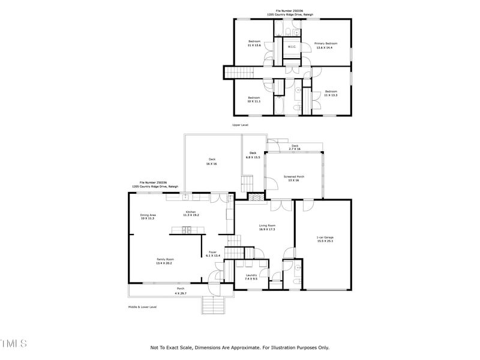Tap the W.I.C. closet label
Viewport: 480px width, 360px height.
pyautogui.click(x=292, y=47)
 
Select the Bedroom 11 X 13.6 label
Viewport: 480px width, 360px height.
pyautogui.click(x=254, y=43)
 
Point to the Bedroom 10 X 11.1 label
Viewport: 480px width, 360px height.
pyautogui.click(x=254, y=100)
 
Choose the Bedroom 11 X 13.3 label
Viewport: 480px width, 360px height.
pyautogui.click(x=331, y=93)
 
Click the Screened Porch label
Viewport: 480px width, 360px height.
pyautogui.click(x=294, y=178)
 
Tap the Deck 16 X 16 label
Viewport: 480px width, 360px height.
pyautogui.click(x=212, y=161)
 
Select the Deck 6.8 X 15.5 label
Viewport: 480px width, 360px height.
pyautogui.click(x=253, y=155)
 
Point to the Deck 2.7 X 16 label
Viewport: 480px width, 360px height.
pyautogui.click(x=295, y=147)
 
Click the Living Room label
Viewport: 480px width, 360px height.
pyautogui.click(x=266, y=227)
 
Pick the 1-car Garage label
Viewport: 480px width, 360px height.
pyautogui.click(x=325, y=239)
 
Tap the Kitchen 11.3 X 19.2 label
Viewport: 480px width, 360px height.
pyautogui.click(x=191, y=214)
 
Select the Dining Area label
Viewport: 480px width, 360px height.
pyautogui.click(x=148, y=217)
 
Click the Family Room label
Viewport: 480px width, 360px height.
pyautogui.click(x=164, y=261)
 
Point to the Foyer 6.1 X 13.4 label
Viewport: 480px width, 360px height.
pyautogui.click(x=212, y=254)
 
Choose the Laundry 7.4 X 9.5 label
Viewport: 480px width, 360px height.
pyautogui.click(x=251, y=277)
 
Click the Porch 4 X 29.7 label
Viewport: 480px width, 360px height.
pyautogui.click(x=180, y=292)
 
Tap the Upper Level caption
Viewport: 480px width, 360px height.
pyautogui.click(x=240, y=125)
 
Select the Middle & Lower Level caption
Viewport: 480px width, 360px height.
pyautogui.click(x=142, y=307)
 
